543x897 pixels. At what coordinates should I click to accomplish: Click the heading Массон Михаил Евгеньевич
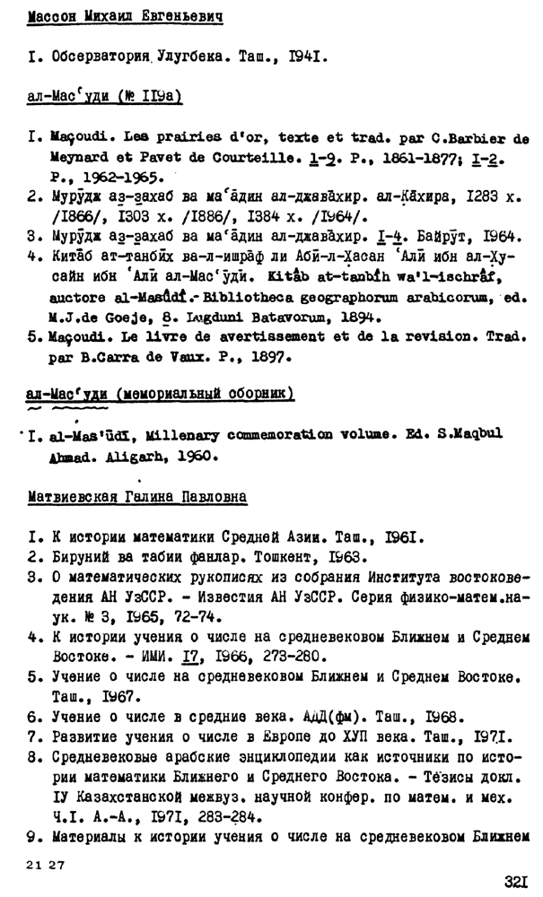(125, 17)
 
